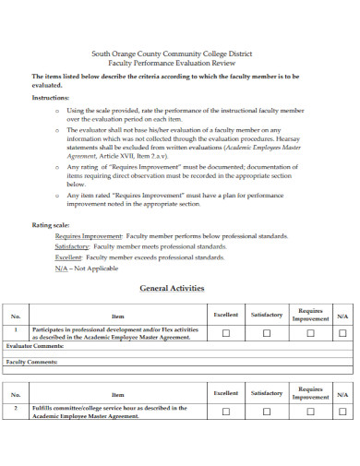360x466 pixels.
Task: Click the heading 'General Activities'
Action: (171, 288)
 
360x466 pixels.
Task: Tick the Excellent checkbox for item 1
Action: (225, 333)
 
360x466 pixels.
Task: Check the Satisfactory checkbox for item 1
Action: (267, 333)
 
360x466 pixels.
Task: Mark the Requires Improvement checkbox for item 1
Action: (310, 333)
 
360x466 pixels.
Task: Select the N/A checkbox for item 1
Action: (342, 333)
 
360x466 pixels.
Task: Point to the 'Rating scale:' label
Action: (51, 225)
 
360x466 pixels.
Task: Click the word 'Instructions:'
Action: (52, 97)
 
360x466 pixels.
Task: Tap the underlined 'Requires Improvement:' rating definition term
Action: (89, 236)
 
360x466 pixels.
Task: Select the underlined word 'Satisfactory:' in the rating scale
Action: (72, 246)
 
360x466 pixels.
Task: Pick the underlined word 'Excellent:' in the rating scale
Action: (68, 257)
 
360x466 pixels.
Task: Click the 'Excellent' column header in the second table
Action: (225, 393)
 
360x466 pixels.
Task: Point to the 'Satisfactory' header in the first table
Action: (267, 315)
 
